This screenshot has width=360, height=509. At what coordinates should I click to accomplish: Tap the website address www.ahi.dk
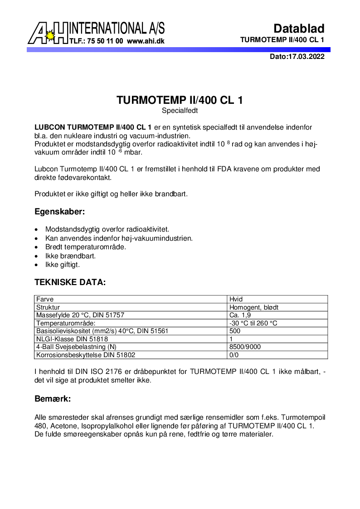click(x=146, y=41)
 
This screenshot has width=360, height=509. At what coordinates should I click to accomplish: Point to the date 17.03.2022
click(x=306, y=57)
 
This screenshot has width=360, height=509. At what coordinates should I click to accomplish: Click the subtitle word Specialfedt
click(x=180, y=110)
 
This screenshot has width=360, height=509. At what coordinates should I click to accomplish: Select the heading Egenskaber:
click(x=60, y=212)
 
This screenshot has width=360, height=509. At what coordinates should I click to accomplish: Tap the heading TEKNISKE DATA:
click(x=70, y=282)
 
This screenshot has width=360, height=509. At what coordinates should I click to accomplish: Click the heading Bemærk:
click(x=53, y=399)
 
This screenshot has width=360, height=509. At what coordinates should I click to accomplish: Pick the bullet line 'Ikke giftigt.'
click(x=63, y=265)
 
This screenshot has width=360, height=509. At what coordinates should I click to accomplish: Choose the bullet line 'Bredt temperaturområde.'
click(x=86, y=247)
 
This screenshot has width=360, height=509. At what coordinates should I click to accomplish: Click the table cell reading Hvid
click(x=236, y=299)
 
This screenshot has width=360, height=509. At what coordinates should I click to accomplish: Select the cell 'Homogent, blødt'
click(x=254, y=307)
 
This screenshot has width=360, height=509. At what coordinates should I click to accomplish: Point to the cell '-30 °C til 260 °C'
click(x=253, y=323)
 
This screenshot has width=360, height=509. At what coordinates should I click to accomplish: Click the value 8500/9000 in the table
click(x=245, y=347)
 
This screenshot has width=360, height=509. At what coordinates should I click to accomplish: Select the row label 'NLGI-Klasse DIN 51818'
click(x=72, y=339)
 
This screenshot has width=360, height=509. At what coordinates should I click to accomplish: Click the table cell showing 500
click(x=235, y=331)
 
